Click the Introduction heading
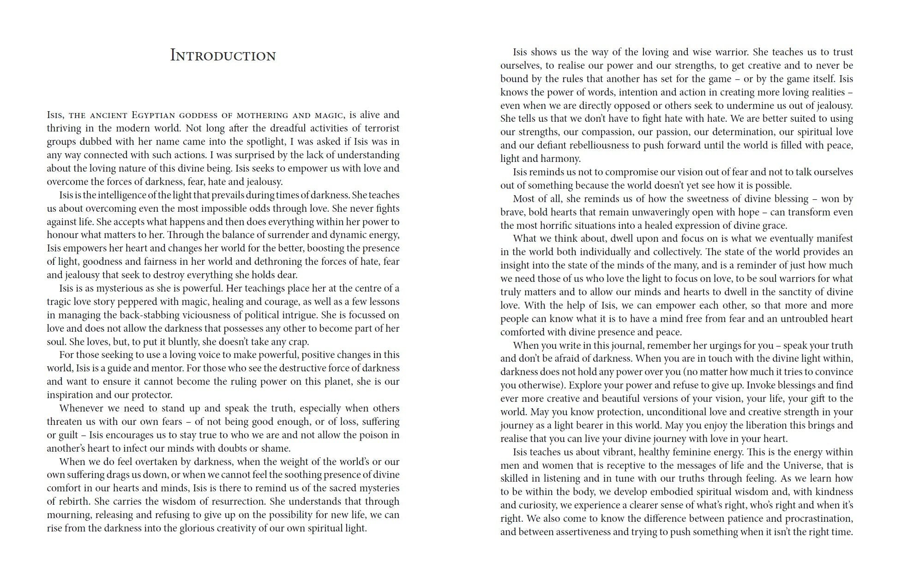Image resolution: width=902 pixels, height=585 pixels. click(223, 55)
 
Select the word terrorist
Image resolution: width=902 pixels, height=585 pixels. click(379, 128)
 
